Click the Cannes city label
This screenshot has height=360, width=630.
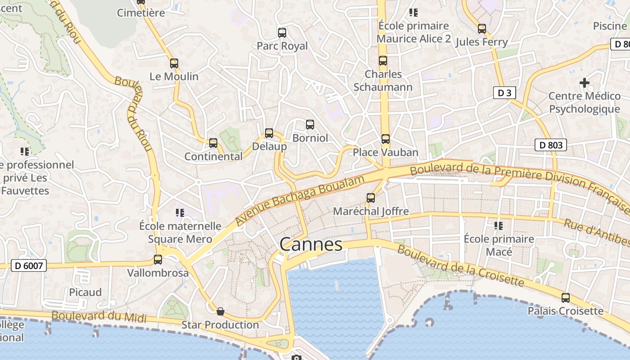(x=310, y=245)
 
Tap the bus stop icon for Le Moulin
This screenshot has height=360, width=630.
(x=174, y=63)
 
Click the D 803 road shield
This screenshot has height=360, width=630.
(x=550, y=145)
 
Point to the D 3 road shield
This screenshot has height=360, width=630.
(x=504, y=93)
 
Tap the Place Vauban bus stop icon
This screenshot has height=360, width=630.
(x=386, y=139)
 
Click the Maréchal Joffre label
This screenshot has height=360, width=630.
(x=371, y=211)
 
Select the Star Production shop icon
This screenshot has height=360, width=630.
(x=220, y=311)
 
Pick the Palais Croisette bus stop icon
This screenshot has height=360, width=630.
(x=565, y=298)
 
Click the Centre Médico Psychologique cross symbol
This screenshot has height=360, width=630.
(x=585, y=83)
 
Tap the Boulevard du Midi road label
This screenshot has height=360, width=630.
(x=99, y=316)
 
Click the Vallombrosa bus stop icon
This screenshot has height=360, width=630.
(x=158, y=260)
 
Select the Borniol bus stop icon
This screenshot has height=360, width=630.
(x=310, y=125)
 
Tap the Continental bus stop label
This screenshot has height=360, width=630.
(x=213, y=157)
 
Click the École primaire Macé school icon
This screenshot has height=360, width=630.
(x=498, y=225)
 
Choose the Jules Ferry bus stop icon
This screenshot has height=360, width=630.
(x=482, y=29)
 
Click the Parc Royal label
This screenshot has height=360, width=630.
(x=282, y=46)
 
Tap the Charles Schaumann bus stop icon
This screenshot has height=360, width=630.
(x=383, y=61)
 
